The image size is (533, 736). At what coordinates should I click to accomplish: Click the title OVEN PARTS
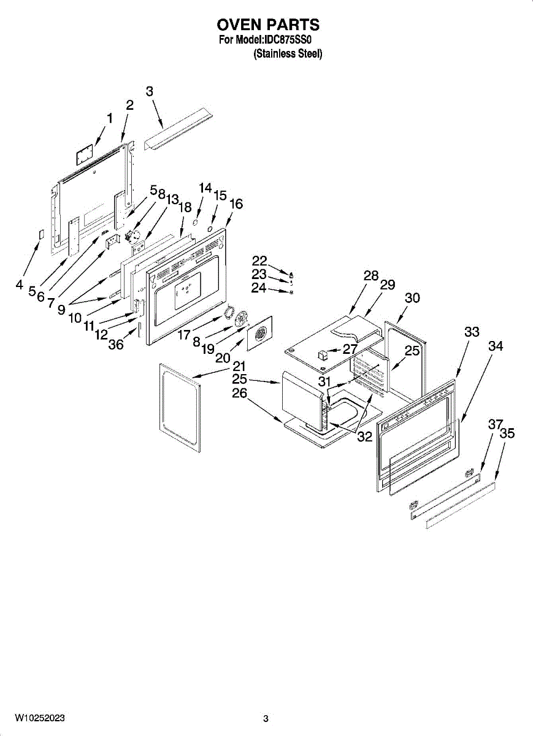[268, 25]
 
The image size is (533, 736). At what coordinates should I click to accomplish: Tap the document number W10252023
[40, 718]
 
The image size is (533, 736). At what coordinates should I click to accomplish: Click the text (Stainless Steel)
[288, 54]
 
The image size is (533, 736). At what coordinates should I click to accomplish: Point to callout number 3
[150, 91]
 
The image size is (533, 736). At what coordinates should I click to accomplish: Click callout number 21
[239, 366]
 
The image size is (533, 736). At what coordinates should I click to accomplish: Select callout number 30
[412, 297]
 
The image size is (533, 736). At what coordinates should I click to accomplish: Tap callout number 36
[115, 345]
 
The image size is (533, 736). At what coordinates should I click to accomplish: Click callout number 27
[350, 350]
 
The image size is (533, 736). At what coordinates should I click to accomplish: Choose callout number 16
[236, 204]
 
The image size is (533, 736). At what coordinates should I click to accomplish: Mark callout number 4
[20, 285]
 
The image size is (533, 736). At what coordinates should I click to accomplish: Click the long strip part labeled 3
[178, 129]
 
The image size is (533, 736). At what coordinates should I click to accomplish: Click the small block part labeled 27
[323, 354]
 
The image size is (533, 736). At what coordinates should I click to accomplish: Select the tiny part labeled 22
[291, 274]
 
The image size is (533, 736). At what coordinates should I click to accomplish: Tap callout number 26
[239, 393]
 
